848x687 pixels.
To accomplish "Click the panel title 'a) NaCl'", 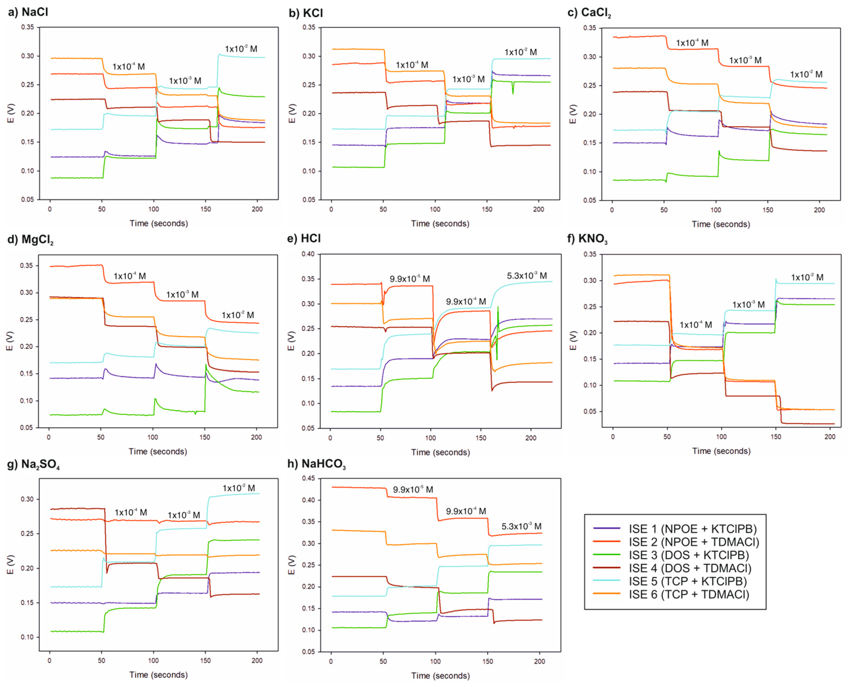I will pyautogui.click(x=28, y=12).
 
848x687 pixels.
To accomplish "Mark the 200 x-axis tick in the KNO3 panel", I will pyautogui.click(x=830, y=437).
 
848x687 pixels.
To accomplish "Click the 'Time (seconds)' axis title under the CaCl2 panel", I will pyautogui.click(x=721, y=224).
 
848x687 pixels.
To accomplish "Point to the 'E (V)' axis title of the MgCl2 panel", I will pyautogui.click(x=10, y=341).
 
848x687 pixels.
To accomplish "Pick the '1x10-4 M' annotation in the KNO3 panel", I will pyautogui.click(x=696, y=325).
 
